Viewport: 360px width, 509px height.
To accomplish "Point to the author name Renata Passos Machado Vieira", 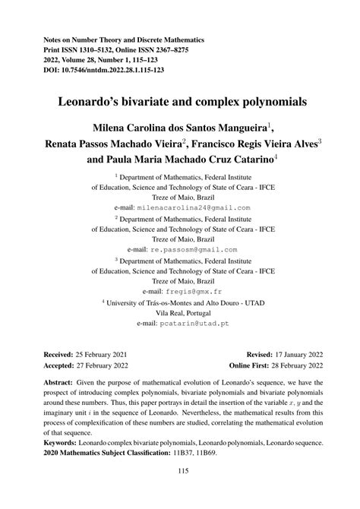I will coord(115,144).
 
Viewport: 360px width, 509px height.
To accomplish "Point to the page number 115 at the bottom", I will coord(179,492).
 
